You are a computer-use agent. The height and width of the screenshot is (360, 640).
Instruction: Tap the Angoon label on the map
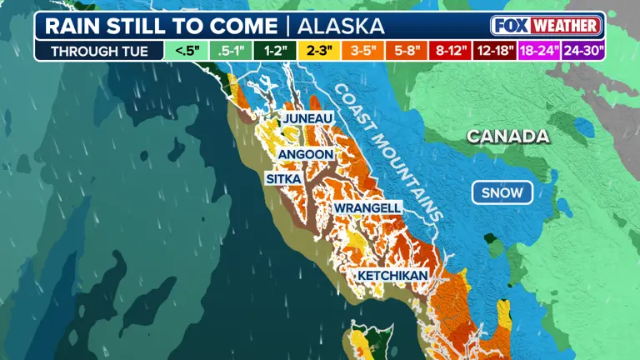coord(306,154)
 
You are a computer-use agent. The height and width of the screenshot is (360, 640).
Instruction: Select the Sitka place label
coord(283,179)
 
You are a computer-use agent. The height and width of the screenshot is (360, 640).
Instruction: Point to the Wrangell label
coord(367,207)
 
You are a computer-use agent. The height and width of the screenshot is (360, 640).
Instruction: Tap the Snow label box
coord(502,193)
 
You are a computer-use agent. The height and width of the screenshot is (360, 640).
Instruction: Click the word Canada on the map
coord(507,136)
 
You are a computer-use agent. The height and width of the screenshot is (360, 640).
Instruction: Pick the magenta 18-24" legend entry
coord(540,50)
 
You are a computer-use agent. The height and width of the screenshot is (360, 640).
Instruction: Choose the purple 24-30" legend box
coord(584,50)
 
